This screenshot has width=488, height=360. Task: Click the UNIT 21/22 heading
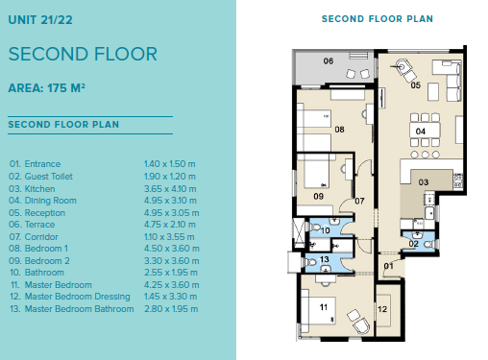[40, 20]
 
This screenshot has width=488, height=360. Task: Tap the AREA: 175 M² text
[47, 88]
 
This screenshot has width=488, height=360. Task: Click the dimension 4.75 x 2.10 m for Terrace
[170, 225]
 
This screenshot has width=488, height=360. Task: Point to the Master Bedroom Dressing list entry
[70, 297]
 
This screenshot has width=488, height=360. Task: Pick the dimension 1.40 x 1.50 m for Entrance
[169, 164]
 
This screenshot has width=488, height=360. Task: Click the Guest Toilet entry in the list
[40, 177]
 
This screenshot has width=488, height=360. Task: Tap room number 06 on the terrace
[329, 60]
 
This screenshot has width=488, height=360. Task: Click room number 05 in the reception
[416, 85]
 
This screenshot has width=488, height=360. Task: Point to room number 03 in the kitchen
[424, 182]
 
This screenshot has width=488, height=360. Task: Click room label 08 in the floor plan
[339, 130]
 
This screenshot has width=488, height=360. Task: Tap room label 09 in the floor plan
[318, 196]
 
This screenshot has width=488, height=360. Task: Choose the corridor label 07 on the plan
[359, 201]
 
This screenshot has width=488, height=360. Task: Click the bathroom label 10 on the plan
[326, 230]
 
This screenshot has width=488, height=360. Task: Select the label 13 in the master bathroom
[325, 259]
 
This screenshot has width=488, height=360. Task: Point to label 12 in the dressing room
[382, 309]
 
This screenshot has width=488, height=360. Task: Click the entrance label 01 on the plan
[388, 266]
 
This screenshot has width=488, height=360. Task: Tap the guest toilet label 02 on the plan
[413, 244]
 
